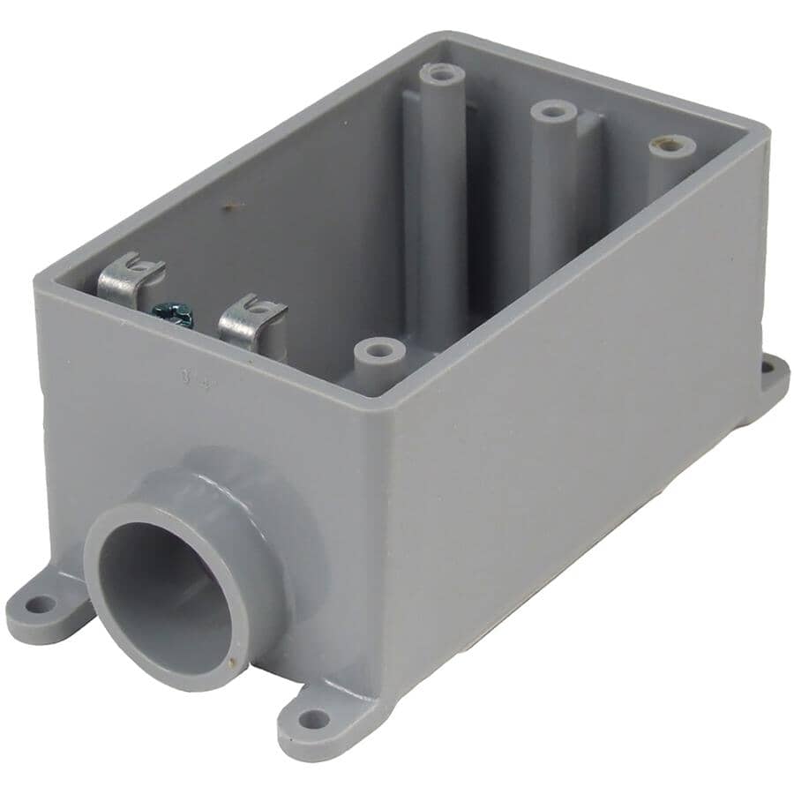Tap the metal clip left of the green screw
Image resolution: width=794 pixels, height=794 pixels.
click(130, 279)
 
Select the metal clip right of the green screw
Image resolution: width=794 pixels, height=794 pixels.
click(251, 322)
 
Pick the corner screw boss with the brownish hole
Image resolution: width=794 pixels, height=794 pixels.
click(672, 146)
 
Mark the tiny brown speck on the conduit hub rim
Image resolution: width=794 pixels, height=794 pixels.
click(231, 660)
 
